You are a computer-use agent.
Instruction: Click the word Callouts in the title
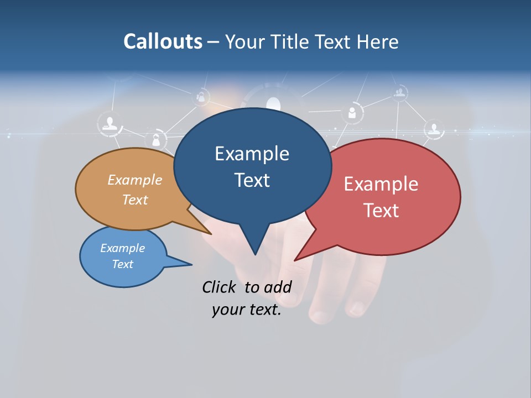pyautogui.click(x=163, y=41)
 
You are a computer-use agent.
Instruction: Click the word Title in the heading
pyautogui.click(x=291, y=41)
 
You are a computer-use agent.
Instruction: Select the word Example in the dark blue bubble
pyautogui.click(x=252, y=154)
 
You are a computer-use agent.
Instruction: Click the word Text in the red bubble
pyautogui.click(x=382, y=210)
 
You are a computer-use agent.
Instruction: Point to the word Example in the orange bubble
pyautogui.click(x=134, y=180)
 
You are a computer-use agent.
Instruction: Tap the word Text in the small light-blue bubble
pyautogui.click(x=123, y=264)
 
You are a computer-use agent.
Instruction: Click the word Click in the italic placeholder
pyautogui.click(x=220, y=287)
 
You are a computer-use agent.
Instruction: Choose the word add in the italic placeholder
pyautogui.click(x=278, y=287)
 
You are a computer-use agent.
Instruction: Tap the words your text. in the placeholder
pyautogui.click(x=247, y=310)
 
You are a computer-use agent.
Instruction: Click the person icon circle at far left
pyautogui.click(x=110, y=123)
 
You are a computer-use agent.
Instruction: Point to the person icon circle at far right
pyautogui.click(x=434, y=129)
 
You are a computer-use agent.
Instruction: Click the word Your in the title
pyautogui.click(x=247, y=41)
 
